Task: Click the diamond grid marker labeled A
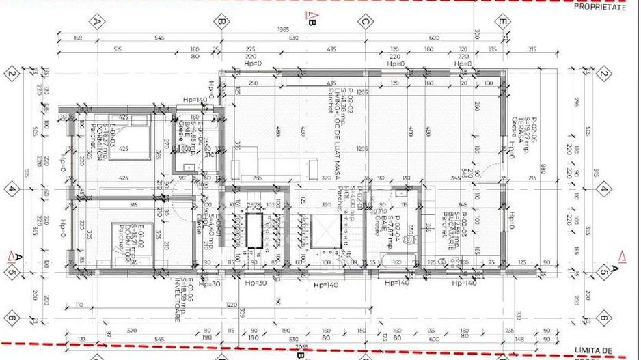[98, 22]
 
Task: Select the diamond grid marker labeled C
[366, 22]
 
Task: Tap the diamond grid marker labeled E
[502, 22]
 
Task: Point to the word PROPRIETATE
[599, 7]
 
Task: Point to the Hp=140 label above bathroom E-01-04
[195, 100]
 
